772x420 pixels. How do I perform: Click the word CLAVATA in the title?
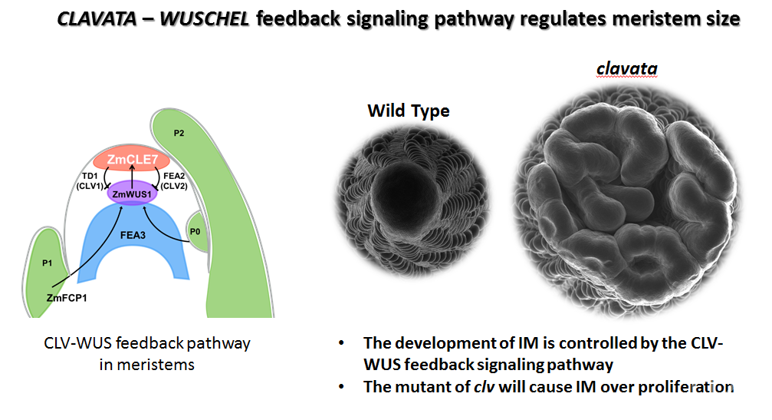point(97,18)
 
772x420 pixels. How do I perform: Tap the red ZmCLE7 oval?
point(132,159)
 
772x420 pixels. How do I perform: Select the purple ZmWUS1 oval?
point(132,193)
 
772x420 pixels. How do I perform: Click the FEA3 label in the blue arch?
point(133,235)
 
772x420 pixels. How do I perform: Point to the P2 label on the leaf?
point(179,133)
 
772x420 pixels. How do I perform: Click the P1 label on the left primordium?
point(48,263)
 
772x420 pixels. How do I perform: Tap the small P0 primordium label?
point(195,232)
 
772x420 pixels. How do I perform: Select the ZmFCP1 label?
point(67,298)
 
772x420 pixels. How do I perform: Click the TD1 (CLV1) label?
point(90,181)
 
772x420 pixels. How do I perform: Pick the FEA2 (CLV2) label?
point(174,181)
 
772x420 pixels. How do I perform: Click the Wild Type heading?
point(409,111)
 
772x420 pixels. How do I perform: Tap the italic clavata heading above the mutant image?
point(627,68)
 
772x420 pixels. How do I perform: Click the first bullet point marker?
point(341,343)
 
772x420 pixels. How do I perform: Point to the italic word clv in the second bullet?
point(484,386)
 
